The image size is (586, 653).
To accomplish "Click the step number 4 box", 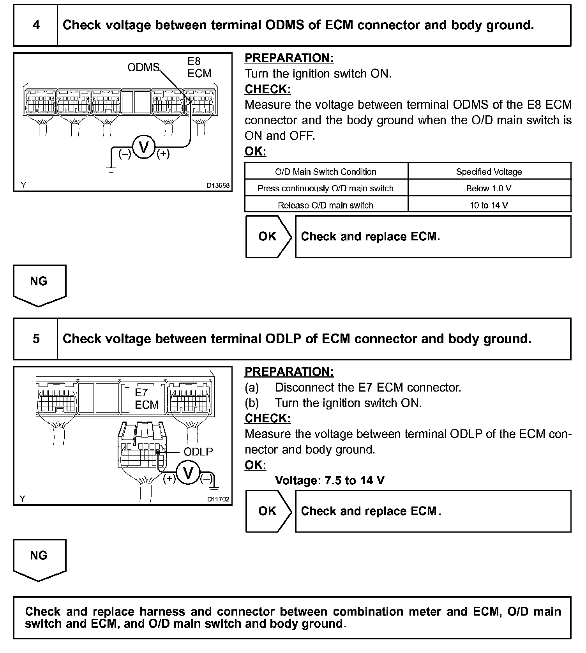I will coord(36,25).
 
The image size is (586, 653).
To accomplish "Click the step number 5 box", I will coord(36,339).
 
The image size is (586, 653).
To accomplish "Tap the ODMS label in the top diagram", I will coord(143,68).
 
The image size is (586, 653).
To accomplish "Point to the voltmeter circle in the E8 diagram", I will coord(144,148).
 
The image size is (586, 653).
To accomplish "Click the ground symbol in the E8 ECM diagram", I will coord(111,169).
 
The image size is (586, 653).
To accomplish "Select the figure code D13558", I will coord(218,185).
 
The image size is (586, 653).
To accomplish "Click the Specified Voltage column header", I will coord(489,172).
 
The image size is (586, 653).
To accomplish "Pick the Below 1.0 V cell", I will coord(489,189).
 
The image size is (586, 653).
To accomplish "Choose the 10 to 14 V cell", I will coord(489,205).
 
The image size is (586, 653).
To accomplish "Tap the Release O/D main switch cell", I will coord(326,205).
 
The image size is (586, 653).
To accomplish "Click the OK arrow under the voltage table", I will coord(268,236).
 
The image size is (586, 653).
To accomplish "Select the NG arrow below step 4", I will coord(39,284).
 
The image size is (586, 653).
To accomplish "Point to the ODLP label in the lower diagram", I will coord(198,452).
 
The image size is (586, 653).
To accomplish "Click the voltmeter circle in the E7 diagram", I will coord(188,473).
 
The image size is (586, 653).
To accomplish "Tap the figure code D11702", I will coord(218,499).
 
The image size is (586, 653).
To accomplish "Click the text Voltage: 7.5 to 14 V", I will coord(330,480).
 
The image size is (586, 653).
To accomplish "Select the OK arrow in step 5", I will coord(268,511).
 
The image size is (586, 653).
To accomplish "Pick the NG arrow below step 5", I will coord(39,559).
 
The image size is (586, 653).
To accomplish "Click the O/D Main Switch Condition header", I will coord(326,172).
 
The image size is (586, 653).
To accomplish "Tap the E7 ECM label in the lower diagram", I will coord(146,399).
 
